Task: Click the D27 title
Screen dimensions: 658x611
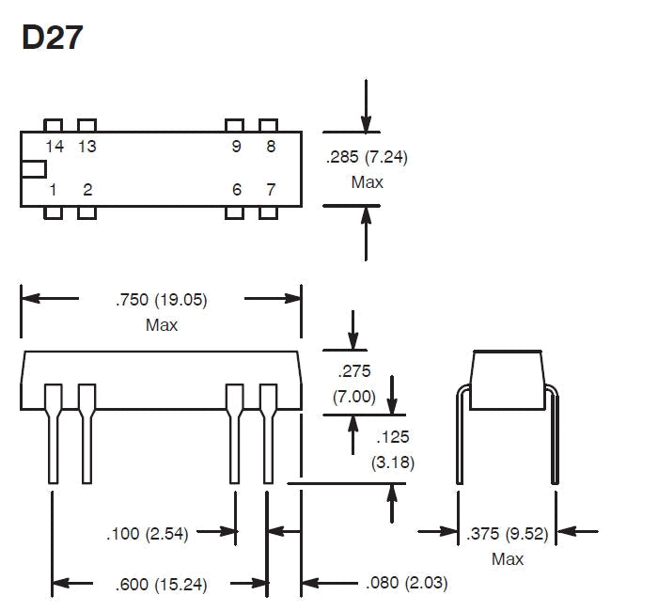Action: (52, 38)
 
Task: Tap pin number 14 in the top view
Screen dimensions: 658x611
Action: (55, 147)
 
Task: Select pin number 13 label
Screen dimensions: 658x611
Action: (87, 147)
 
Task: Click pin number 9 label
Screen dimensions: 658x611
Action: (236, 147)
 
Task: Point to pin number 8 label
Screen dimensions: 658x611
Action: (271, 147)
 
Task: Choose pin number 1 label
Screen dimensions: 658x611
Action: (53, 190)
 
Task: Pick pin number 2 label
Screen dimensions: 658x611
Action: (87, 190)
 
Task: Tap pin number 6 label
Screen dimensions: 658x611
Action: (237, 190)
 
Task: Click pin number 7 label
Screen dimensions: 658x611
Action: (271, 190)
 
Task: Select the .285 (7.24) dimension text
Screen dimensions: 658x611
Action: (367, 157)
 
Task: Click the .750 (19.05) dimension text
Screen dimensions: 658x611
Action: (162, 300)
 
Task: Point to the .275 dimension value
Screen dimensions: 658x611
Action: (354, 371)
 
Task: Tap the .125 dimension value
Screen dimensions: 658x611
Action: (392, 437)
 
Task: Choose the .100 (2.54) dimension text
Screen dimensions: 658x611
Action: (148, 534)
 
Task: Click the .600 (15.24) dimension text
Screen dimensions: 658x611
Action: (161, 585)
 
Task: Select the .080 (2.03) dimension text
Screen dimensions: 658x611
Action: (407, 583)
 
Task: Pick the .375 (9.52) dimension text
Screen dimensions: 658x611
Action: (508, 534)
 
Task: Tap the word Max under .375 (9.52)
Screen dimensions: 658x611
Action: (508, 559)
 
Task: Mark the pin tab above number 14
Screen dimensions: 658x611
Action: (54, 125)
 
